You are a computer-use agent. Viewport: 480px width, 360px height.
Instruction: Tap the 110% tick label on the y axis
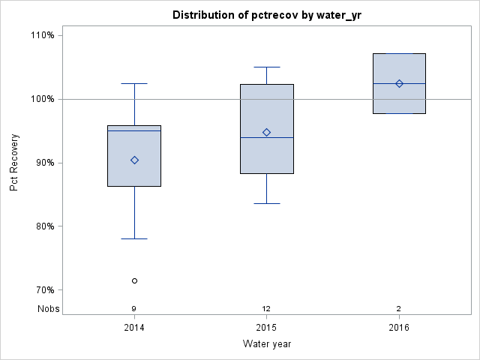(42, 35)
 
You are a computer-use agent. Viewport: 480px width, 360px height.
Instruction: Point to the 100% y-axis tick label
(42, 99)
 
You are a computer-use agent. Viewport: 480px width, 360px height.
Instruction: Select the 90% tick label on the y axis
(43, 163)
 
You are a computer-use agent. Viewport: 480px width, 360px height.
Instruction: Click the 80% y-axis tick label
(43, 226)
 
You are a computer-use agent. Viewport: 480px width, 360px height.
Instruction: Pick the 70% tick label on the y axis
(43, 290)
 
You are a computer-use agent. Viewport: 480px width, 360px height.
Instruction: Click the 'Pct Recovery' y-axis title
(14, 163)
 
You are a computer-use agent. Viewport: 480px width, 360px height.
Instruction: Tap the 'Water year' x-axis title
(267, 344)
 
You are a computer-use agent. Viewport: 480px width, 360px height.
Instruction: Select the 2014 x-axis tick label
(134, 328)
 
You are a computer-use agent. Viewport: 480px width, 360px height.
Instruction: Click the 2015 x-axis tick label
(266, 328)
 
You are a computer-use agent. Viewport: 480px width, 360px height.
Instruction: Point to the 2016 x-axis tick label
(399, 328)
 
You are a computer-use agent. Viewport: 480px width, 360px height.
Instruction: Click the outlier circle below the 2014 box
(134, 280)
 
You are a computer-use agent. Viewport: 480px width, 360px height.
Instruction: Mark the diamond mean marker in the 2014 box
(134, 160)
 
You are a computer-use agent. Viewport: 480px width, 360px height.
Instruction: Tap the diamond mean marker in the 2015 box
(266, 132)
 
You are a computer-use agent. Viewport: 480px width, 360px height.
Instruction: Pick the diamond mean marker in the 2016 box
(399, 83)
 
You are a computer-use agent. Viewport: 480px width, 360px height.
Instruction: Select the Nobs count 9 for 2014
(134, 308)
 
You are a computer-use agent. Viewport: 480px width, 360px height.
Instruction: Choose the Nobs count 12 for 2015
(266, 308)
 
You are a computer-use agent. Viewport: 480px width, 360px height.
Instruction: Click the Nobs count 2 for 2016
(399, 308)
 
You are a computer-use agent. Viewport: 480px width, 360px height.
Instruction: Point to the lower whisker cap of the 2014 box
(134, 238)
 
